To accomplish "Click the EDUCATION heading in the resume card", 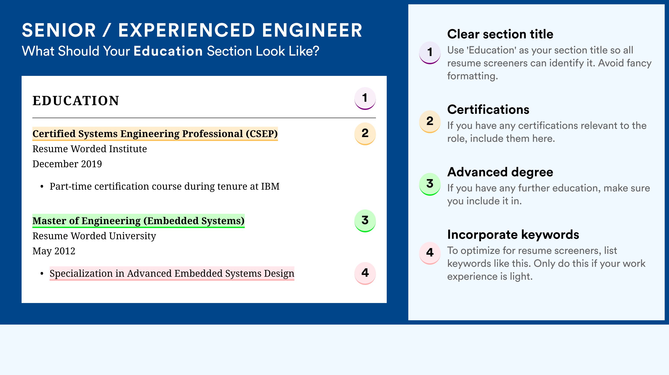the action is (76, 101).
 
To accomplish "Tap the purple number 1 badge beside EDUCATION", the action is (365, 98).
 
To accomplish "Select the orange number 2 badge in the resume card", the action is (365, 134).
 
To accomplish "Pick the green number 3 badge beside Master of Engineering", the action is (365, 221).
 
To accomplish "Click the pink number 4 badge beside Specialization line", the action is (365, 273).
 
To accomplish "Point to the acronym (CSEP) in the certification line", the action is (262, 134).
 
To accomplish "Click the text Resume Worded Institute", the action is (90, 149).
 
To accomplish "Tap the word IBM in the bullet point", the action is (270, 186).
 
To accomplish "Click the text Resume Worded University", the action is (94, 236).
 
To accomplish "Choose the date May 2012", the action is (54, 251).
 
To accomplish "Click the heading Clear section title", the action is (500, 34).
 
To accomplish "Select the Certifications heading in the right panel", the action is (488, 109).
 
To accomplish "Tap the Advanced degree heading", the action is (500, 172).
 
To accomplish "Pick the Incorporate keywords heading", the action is (513, 235).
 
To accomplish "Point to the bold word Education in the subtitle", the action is (168, 51).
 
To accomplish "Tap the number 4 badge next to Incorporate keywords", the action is (430, 253).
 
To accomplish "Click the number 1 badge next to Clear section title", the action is (430, 53).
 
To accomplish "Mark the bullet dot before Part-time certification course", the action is (42, 187).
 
